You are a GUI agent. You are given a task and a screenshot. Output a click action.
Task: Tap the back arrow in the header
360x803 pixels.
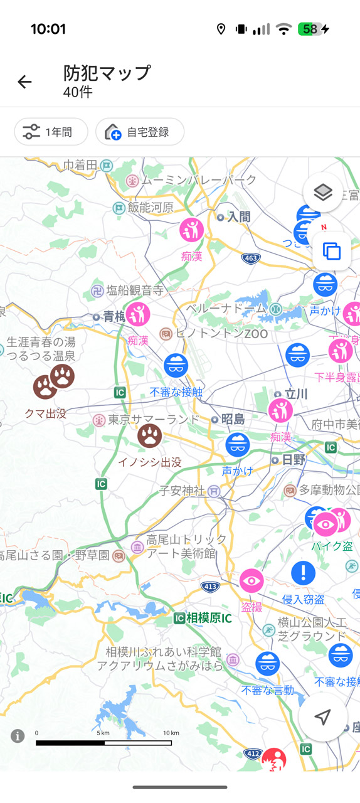(x=24, y=82)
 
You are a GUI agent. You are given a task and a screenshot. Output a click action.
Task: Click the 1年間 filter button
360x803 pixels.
(x=51, y=132)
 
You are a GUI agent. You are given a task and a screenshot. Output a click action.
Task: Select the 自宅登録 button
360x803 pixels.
(x=140, y=132)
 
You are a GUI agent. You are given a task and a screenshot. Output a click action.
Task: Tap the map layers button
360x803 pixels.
(x=322, y=193)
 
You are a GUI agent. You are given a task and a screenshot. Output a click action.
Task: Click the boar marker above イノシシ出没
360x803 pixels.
(x=149, y=435)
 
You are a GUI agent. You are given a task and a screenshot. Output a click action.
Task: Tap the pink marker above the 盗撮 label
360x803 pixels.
(x=251, y=582)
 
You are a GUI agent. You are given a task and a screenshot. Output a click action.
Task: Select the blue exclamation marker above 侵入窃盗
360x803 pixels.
(x=304, y=572)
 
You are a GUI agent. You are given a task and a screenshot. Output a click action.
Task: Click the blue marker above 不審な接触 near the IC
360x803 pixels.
(x=176, y=364)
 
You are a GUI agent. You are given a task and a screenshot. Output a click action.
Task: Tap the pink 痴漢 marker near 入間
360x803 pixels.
(x=191, y=230)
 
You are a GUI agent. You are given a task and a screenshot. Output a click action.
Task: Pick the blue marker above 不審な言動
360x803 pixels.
(x=267, y=664)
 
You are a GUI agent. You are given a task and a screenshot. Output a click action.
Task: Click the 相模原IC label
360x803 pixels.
(x=203, y=618)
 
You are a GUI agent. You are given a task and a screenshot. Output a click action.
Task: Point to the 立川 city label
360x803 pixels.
(x=295, y=394)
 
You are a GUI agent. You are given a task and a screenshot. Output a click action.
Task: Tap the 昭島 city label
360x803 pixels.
(x=232, y=419)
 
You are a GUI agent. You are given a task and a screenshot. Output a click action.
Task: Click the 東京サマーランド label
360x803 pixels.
(x=145, y=419)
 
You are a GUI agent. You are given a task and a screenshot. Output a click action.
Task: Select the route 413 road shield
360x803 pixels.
(x=211, y=586)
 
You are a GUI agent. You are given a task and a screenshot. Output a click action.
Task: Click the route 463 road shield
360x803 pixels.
(x=251, y=258)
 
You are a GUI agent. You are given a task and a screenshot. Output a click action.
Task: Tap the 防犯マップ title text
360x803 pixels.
(x=107, y=73)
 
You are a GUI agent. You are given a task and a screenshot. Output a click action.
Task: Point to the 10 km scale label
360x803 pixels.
(x=171, y=733)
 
